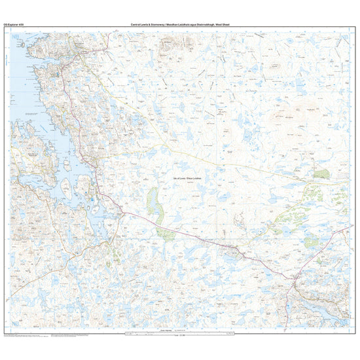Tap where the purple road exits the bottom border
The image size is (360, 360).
point(298,331)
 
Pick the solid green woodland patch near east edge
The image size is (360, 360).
point(321,173)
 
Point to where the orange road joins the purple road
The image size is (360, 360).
point(122,211)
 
